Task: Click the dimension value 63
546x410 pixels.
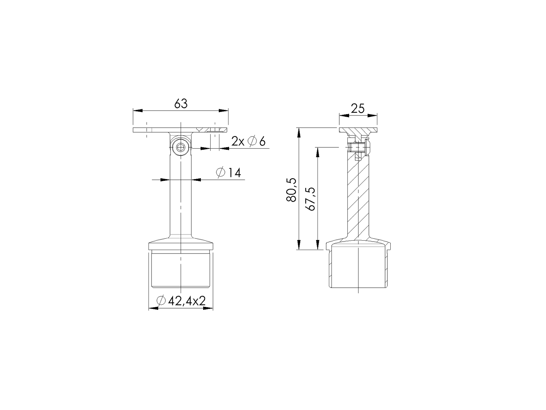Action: [181, 104]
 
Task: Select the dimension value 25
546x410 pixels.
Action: [358, 108]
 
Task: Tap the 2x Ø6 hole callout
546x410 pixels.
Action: [248, 142]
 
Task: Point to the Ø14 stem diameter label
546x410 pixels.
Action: [229, 173]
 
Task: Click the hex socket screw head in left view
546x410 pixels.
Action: [180, 148]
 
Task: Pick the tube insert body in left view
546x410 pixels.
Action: [180, 270]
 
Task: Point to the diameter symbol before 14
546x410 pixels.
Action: [220, 173]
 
